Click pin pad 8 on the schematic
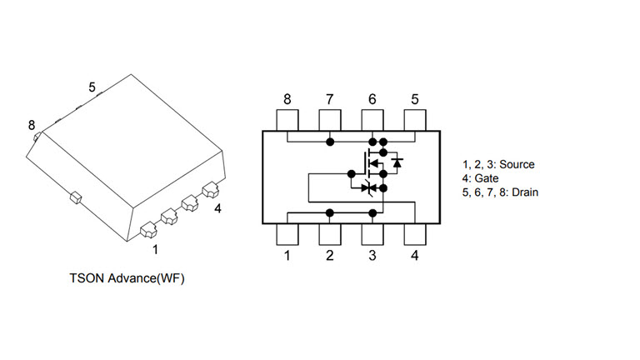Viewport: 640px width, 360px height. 287,120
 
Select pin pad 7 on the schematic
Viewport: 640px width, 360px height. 330,120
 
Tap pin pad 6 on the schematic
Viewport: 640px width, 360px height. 372,120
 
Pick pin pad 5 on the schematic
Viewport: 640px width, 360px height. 415,120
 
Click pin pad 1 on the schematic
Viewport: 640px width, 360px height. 287,234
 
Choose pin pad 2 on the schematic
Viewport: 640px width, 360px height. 330,234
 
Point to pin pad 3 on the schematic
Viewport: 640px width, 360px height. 372,234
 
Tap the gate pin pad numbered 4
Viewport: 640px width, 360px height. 415,234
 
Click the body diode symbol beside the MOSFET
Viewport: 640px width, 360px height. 397,162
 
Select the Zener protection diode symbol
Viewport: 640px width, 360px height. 369,188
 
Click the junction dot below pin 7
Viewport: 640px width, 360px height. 330,142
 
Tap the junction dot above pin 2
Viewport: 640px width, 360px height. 330,213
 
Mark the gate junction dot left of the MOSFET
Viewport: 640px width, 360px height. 352,174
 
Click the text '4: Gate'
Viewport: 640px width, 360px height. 480,178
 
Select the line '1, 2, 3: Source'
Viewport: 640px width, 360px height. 498,164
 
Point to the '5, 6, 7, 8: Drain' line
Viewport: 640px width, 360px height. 500,192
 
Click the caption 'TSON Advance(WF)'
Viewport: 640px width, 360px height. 127,278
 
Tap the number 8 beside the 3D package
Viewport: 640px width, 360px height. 32,125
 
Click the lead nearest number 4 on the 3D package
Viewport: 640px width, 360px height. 211,189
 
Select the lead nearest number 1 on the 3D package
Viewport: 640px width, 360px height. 148,230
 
